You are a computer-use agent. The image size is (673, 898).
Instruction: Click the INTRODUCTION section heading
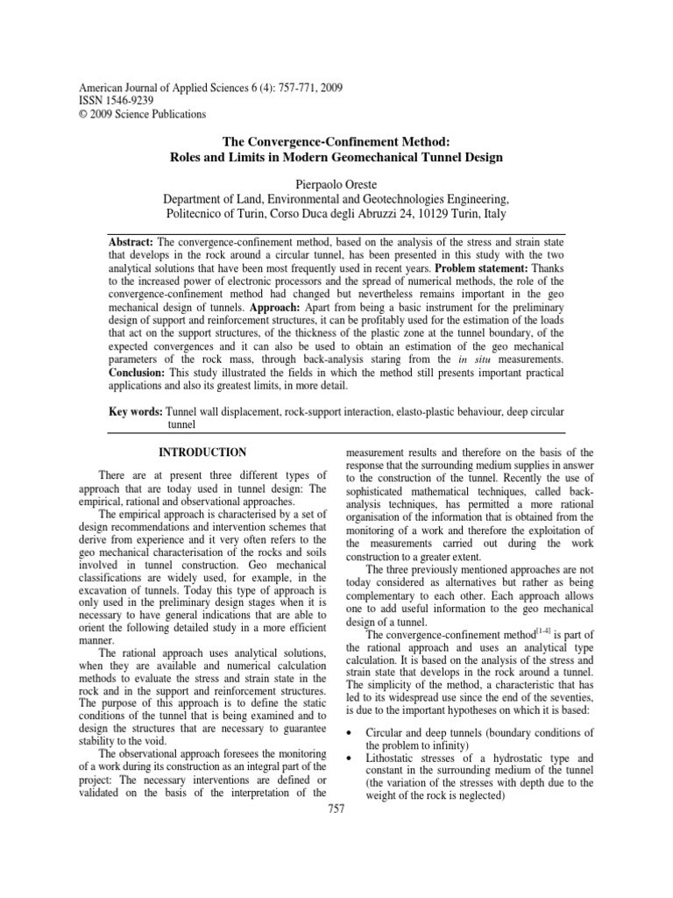tap(201, 453)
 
